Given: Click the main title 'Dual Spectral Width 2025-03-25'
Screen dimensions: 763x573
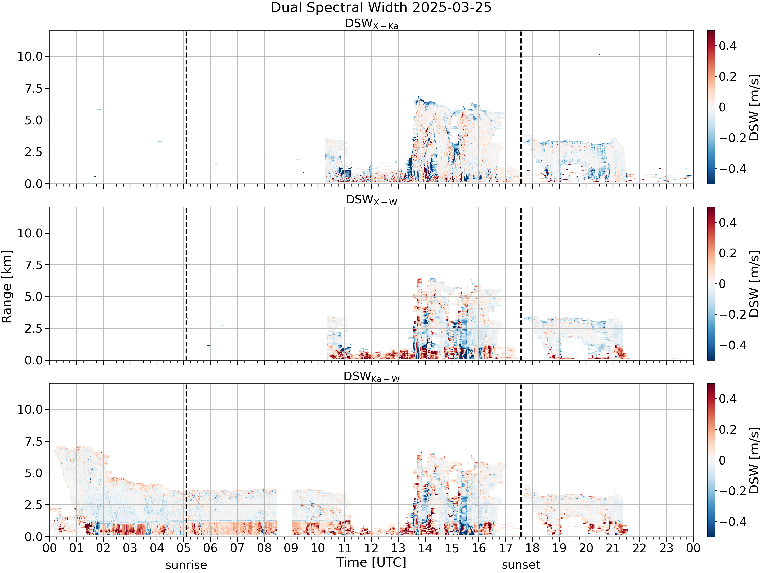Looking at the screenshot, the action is click(381, 8).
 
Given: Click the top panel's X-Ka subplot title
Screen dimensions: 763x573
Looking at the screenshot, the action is click(372, 24).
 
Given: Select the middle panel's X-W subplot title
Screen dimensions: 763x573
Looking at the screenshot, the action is click(372, 200).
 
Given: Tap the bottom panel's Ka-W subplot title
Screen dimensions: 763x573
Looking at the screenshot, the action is click(372, 377).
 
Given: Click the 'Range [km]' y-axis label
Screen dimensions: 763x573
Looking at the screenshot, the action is click(7, 287).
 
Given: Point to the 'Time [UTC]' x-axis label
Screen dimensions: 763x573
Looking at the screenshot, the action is click(372, 563).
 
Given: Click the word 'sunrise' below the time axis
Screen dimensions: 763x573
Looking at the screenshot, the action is click(186, 565).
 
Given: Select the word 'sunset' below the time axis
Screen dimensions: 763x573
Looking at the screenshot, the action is click(521, 565).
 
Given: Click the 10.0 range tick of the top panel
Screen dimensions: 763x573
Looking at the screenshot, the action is click(30, 57).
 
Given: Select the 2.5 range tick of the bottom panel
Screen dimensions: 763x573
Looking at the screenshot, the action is click(34, 505).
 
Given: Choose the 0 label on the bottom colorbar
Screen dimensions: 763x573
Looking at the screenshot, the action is click(722, 460).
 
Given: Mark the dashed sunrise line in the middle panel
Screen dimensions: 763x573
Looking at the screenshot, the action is click(186, 283).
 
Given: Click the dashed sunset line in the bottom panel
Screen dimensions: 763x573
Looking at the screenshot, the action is click(521, 460).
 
